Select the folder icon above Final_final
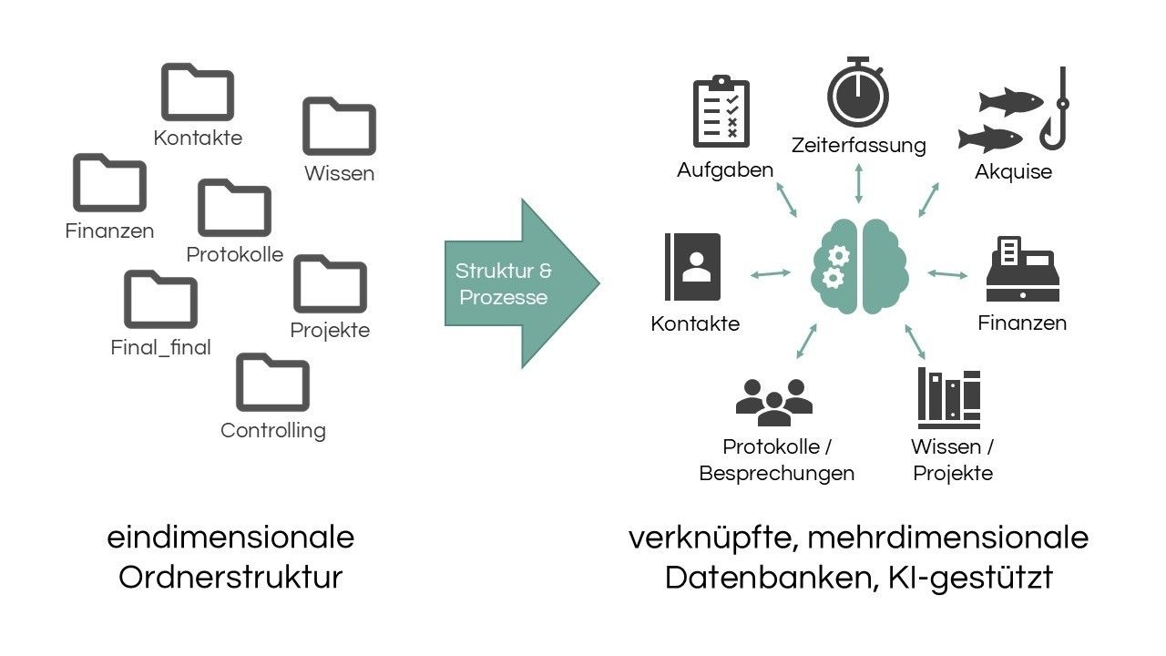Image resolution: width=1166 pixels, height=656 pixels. coord(160,300)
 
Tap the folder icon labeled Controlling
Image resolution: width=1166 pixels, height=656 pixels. coord(272,383)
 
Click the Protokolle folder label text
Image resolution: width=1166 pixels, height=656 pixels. coord(235,254)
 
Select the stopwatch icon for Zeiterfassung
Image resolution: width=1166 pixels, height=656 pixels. coord(858,95)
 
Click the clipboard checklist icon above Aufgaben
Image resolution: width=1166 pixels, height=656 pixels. coord(721,112)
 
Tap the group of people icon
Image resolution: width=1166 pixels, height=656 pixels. coord(774,402)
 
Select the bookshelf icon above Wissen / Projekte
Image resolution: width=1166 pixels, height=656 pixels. coord(949,398)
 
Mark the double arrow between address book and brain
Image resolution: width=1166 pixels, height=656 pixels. coord(771,272)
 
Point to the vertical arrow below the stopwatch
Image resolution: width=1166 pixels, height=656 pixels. coord(858,186)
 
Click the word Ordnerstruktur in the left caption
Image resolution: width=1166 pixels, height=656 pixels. coord(230,577)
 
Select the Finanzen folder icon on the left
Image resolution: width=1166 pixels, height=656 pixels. coord(109,183)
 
